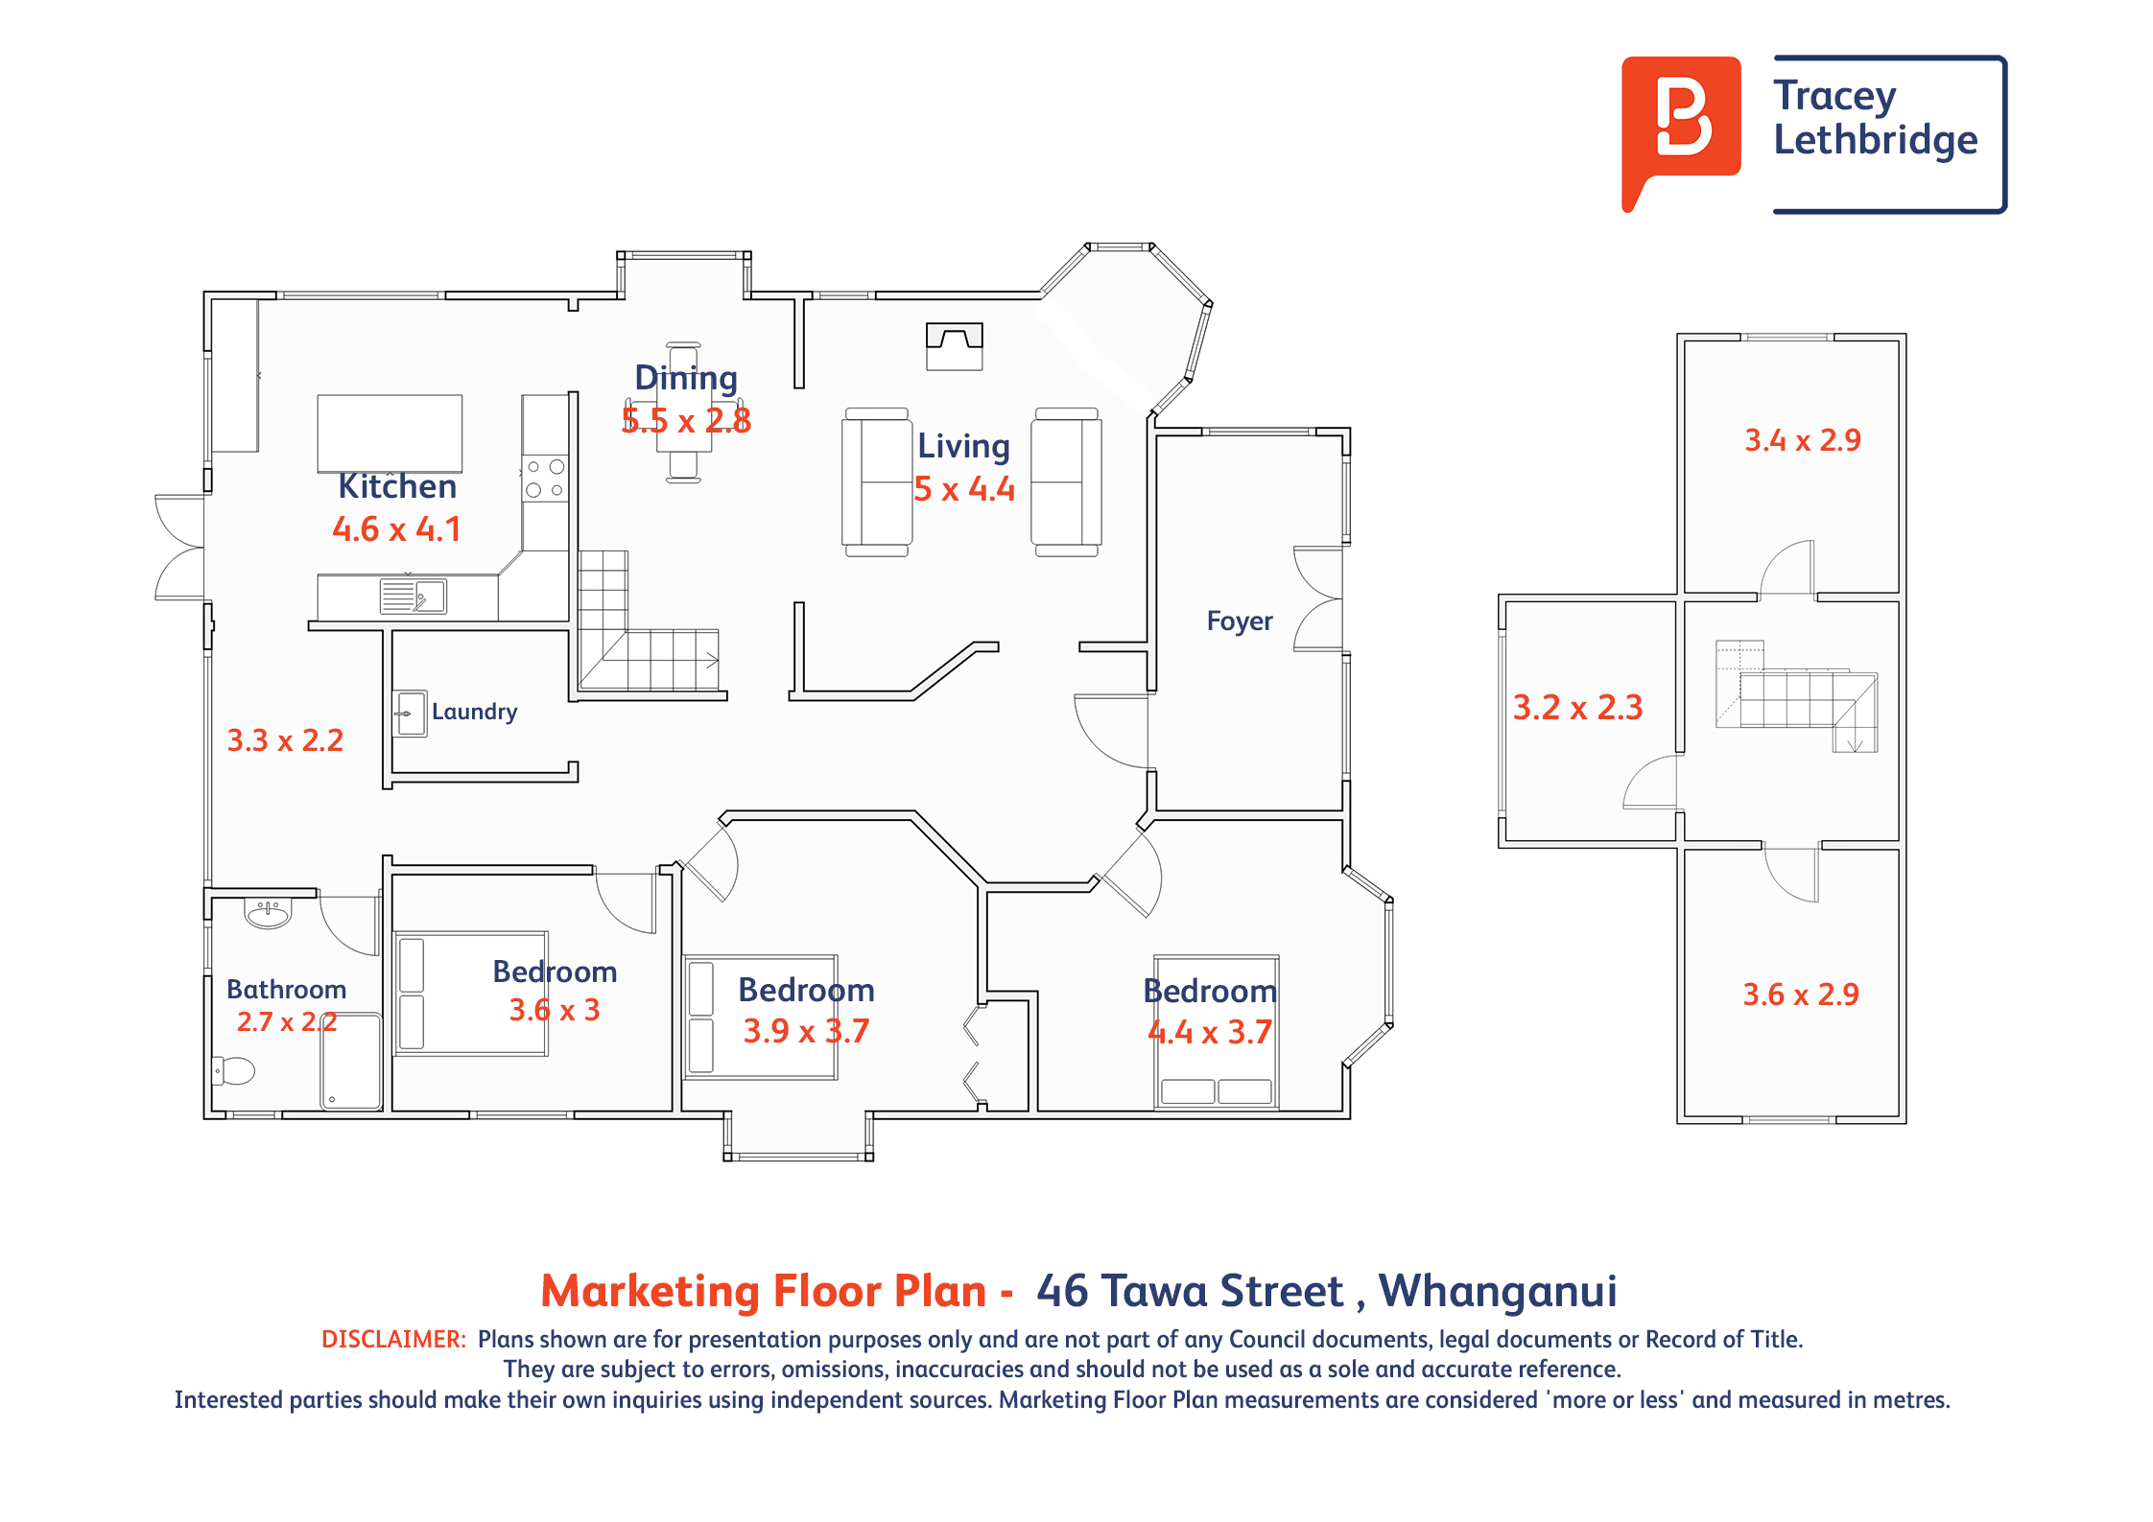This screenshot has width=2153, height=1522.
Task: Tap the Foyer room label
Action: (1240, 621)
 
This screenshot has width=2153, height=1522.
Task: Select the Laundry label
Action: (474, 712)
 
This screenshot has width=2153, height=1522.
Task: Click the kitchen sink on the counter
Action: (414, 597)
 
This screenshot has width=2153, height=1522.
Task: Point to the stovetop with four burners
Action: (545, 479)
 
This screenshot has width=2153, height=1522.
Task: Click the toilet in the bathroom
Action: (233, 1070)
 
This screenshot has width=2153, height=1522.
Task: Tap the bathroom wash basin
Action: (268, 912)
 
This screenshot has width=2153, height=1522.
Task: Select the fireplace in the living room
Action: (955, 346)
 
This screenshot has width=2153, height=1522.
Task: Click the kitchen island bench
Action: (390, 433)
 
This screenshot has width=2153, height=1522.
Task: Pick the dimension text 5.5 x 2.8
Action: (686, 421)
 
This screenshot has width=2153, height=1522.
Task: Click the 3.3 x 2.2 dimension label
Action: (285, 740)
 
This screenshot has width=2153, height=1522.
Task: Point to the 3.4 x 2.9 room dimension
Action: (1803, 440)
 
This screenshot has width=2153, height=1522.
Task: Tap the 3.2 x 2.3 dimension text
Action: (1578, 708)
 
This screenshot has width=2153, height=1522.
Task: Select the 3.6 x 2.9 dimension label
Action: (1801, 995)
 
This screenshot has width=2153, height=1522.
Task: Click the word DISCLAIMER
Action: (393, 1340)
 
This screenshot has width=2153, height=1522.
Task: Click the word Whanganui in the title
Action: (1499, 1293)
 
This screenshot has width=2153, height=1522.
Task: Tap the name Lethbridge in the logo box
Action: (1876, 141)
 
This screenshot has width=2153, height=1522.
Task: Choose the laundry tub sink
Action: (412, 714)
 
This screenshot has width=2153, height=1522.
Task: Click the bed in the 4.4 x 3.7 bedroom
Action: (1217, 1032)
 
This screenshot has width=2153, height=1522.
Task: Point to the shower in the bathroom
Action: (351, 1062)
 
